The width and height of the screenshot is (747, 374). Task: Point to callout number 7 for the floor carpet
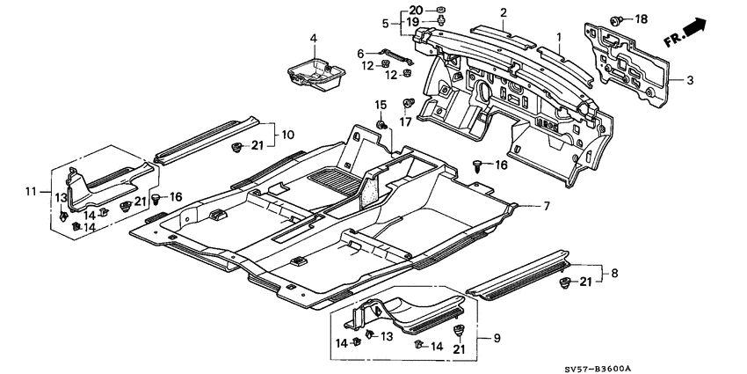[545, 207]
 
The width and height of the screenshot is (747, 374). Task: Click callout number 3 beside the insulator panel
[690, 80]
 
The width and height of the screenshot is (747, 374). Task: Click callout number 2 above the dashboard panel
[504, 12]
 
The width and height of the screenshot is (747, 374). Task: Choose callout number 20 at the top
[416, 9]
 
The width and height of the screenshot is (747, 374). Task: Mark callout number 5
[385, 22]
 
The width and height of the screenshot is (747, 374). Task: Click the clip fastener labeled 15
[382, 128]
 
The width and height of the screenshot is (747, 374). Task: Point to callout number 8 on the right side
[613, 273]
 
